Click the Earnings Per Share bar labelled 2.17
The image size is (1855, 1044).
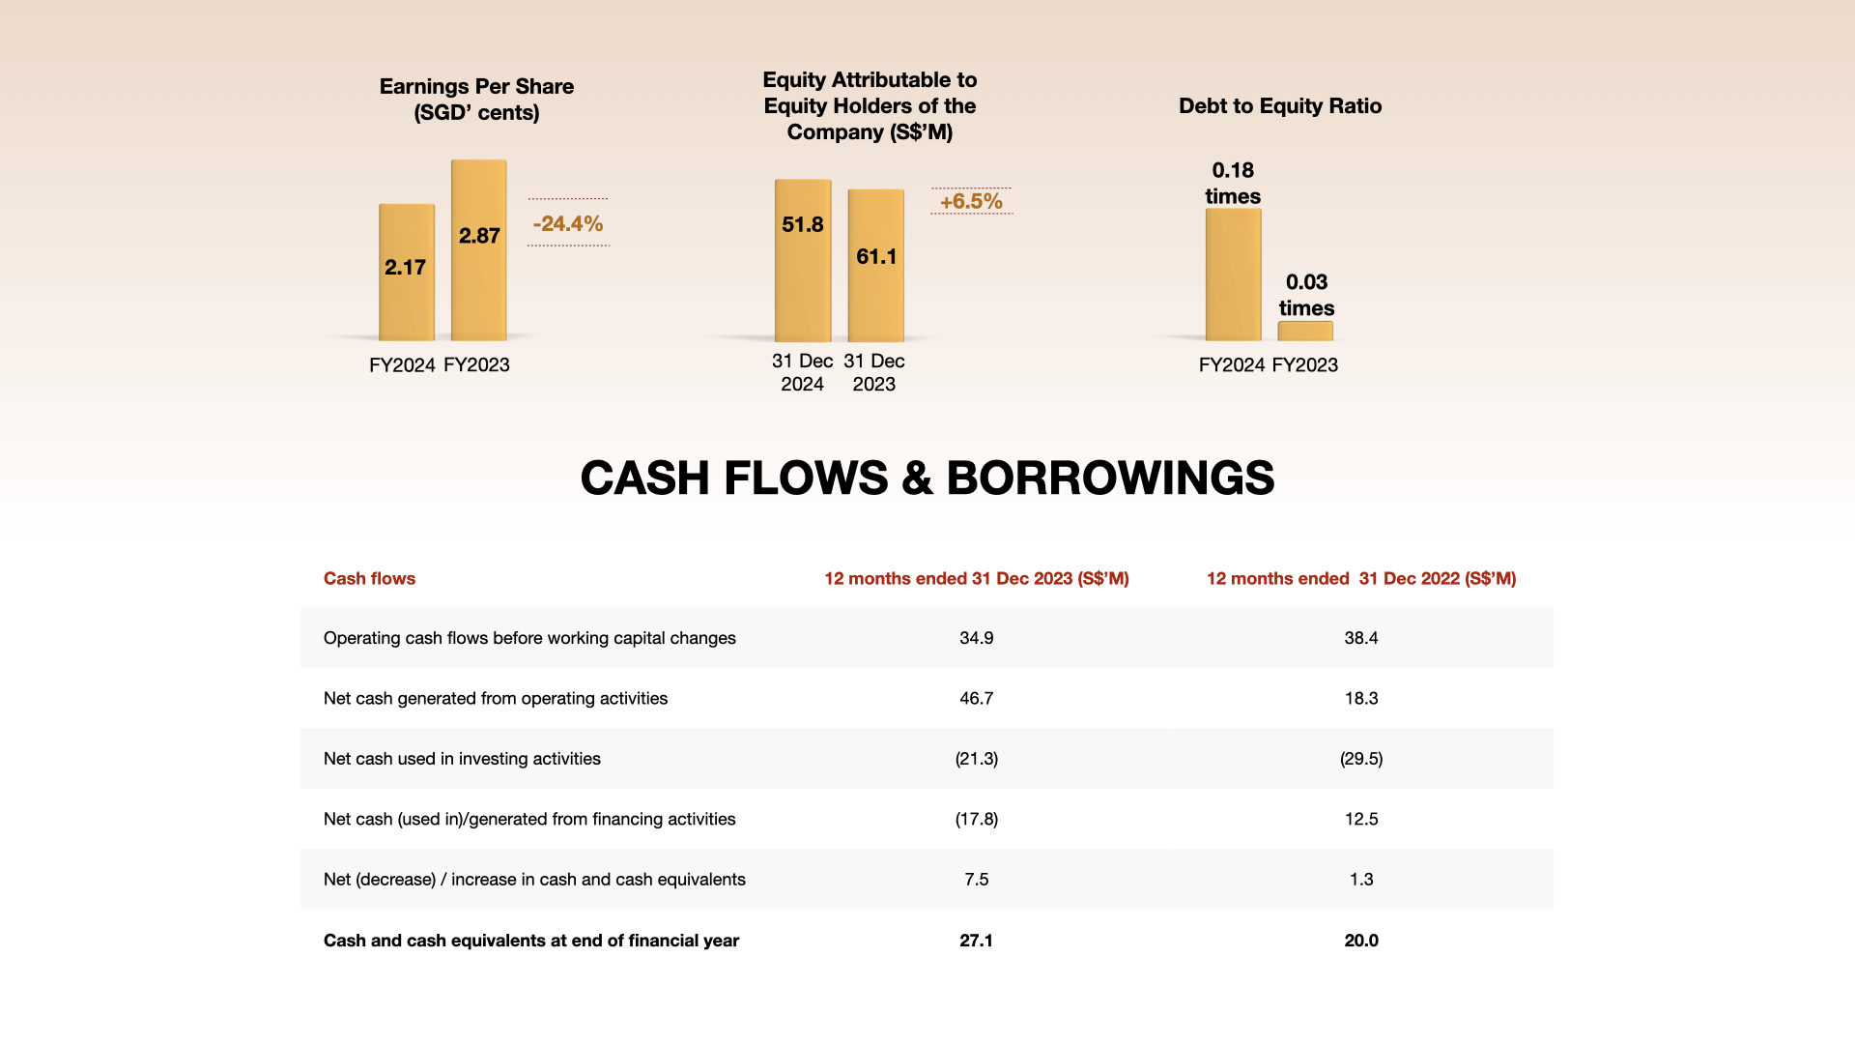[407, 272]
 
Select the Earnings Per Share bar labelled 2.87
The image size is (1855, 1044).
[479, 249]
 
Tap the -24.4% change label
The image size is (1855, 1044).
[568, 223]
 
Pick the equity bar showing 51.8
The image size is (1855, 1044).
[803, 260]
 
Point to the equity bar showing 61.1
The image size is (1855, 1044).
[876, 265]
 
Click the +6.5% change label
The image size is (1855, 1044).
[971, 201]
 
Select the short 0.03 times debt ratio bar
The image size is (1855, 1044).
[1305, 331]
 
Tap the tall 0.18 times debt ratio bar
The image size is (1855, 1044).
[1233, 275]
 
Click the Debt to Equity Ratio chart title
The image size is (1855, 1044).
[1280, 106]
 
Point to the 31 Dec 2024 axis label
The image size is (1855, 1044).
[802, 372]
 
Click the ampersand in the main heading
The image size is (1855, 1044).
[917, 478]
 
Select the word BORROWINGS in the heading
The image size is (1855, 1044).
[1110, 478]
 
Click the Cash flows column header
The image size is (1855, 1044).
[369, 578]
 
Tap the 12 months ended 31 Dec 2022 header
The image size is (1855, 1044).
[1361, 578]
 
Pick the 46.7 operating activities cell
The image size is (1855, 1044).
[976, 698]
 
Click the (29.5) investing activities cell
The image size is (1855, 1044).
[1361, 759]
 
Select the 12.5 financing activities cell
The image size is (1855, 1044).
[1361, 819]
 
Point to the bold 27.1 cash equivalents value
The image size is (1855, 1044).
[976, 941]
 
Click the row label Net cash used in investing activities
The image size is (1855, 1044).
[462, 759]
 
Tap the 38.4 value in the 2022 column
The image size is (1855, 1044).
[1361, 638]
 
